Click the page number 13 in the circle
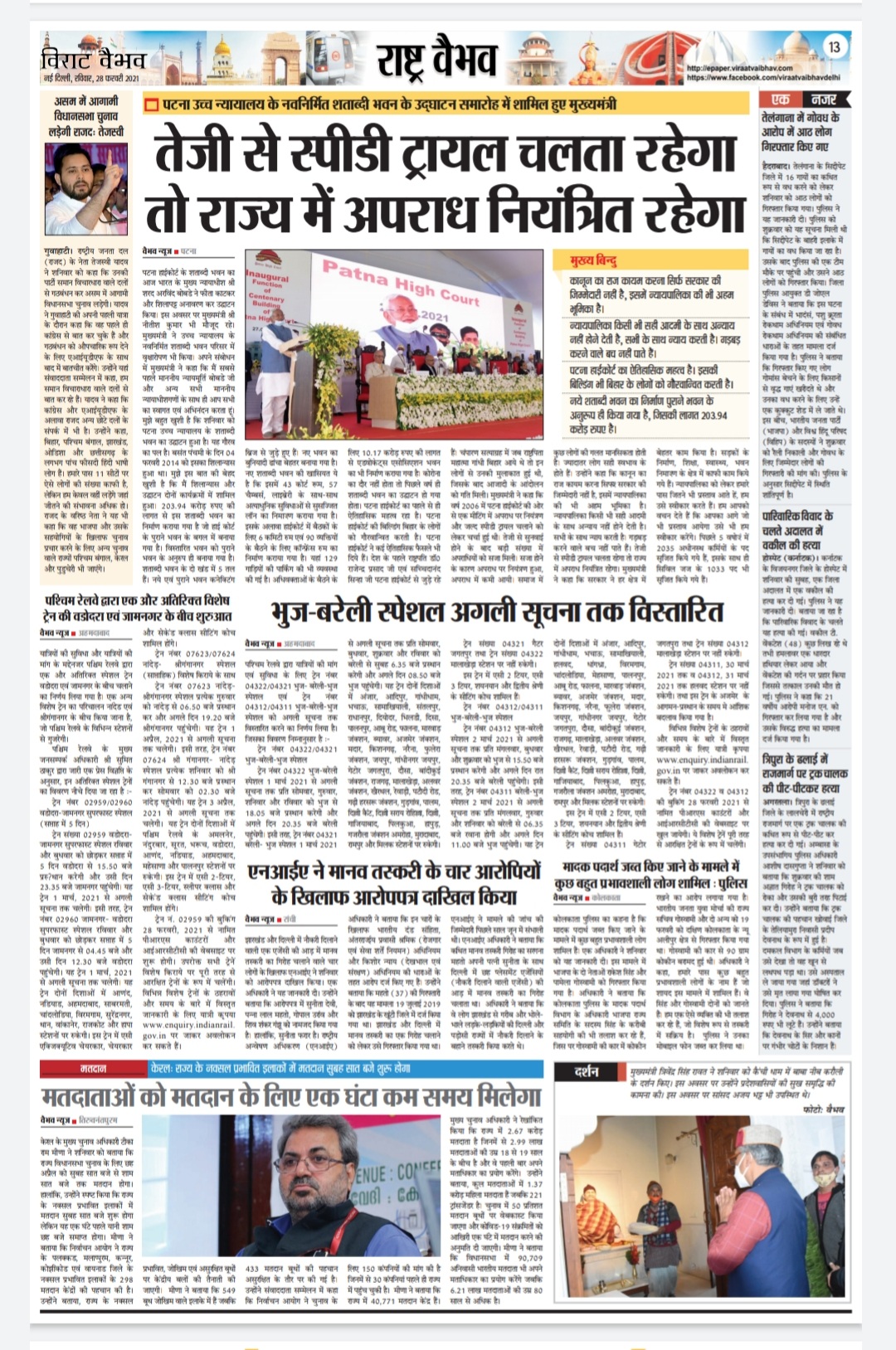[834, 47]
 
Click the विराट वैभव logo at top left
[93, 60]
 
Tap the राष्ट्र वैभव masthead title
[436, 59]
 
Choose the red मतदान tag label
[93, 1070]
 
